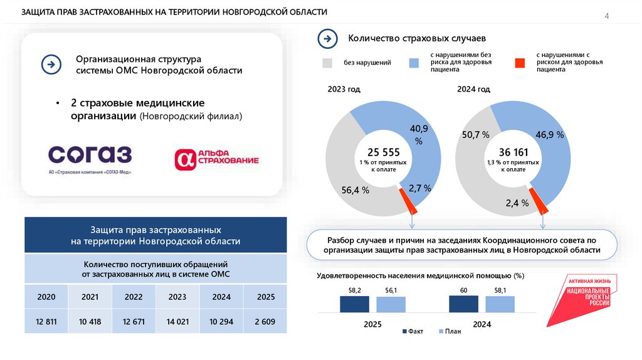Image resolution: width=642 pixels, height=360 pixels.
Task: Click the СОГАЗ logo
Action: [x=90, y=159]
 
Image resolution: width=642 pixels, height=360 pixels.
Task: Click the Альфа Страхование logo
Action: [x=217, y=159]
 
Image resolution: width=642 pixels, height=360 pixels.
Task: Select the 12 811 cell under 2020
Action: [x=46, y=322]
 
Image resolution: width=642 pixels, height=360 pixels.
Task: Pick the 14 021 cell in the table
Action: [x=177, y=322]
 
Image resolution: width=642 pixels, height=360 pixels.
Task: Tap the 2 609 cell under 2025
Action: [x=265, y=322]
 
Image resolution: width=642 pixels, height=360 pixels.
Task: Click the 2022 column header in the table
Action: [x=134, y=297]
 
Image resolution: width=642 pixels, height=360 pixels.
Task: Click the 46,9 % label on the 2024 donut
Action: [x=550, y=135]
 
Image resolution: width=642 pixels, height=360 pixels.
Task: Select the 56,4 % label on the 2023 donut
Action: [x=355, y=189]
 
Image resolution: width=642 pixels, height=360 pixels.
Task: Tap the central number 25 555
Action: [x=383, y=152]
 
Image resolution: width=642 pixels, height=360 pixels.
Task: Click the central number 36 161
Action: [x=513, y=152]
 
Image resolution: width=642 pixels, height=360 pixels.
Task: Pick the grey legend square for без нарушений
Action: [x=327, y=63]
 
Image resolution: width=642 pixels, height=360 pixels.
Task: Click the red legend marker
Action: [x=519, y=63]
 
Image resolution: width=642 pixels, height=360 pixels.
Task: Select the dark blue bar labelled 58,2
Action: [x=354, y=304]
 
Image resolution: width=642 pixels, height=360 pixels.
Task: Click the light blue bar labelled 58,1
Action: [x=500, y=304]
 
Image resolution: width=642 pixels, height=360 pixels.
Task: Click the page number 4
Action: [x=606, y=16]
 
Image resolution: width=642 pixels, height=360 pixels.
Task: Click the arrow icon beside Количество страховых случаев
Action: [x=328, y=39]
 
